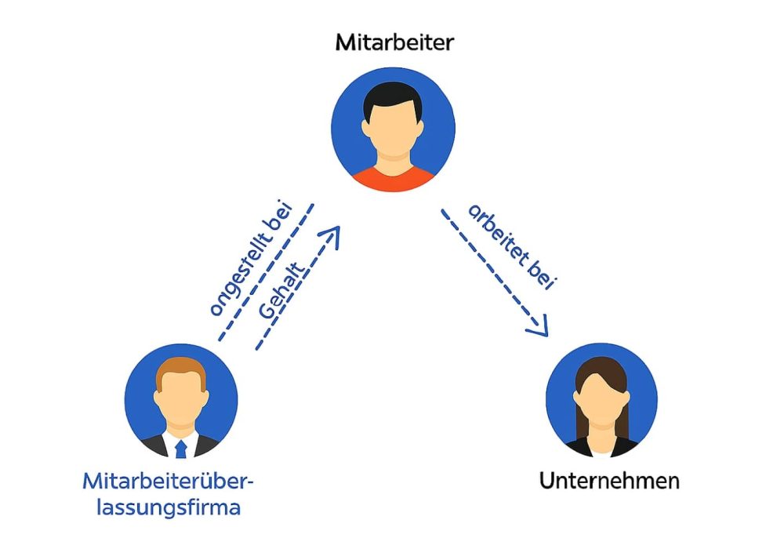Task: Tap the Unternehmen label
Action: pyautogui.click(x=609, y=480)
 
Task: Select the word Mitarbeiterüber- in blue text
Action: pyautogui.click(x=169, y=480)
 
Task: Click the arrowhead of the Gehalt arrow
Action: pyautogui.click(x=332, y=235)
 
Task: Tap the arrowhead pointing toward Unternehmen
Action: pyautogui.click(x=539, y=328)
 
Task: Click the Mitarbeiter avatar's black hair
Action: pyautogui.click(x=393, y=98)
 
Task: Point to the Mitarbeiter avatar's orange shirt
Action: pyautogui.click(x=393, y=177)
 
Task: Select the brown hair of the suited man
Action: pyautogui.click(x=181, y=370)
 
